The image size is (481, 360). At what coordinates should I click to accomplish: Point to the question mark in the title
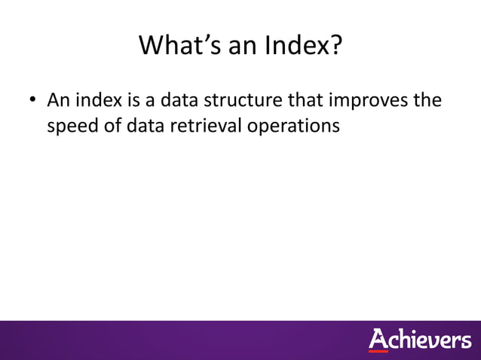pos(335,47)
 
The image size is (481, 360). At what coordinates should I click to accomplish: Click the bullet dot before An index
pos(34,101)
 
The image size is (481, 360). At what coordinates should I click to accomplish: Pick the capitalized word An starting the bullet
pos(59,100)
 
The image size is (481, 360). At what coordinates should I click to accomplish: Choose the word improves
pos(367,100)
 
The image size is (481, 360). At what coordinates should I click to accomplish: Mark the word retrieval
pos(202,126)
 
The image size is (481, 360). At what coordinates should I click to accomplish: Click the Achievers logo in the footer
pos(419,340)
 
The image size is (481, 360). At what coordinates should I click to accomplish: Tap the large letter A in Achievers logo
pos(378,339)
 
